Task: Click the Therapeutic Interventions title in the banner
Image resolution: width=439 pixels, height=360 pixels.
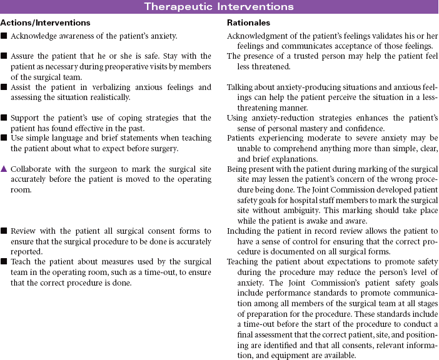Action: coord(219,7)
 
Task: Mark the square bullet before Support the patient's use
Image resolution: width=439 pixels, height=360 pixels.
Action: coord(4,117)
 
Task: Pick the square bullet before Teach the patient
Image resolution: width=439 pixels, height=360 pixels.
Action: coord(4,261)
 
